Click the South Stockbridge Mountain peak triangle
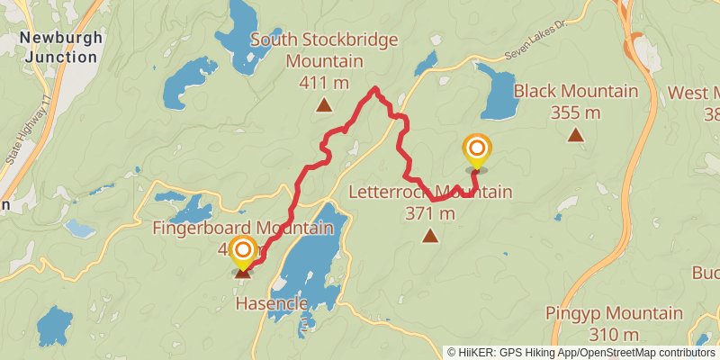coord(323,106)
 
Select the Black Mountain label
coord(575,91)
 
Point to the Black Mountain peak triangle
coord(575,136)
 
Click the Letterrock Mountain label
coord(430,192)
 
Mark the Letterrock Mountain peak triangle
coord(430,237)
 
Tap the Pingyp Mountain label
coord(615,313)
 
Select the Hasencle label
coord(272,303)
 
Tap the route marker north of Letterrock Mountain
coord(477,151)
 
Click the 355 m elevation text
coord(575,112)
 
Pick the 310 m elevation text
coord(615,335)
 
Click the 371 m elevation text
coord(430,213)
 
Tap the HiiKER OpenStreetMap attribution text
coord(581,353)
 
